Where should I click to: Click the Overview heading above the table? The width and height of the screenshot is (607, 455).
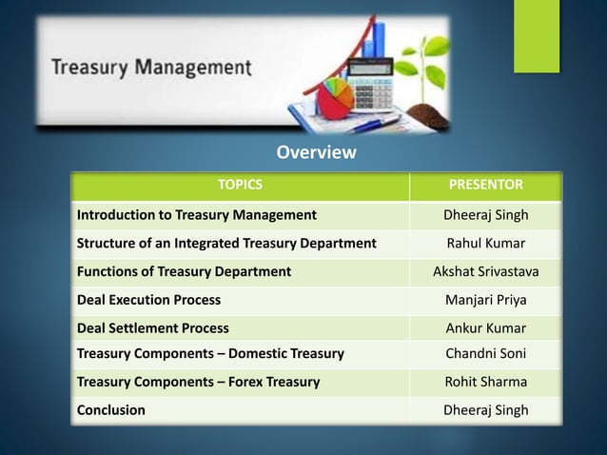click(316, 153)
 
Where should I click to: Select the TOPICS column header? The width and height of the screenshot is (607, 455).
click(240, 184)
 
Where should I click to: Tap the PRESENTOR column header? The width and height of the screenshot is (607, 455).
click(485, 184)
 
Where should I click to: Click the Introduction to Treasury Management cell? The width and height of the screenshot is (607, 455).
click(197, 214)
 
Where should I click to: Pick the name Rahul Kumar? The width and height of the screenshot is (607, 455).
click(485, 243)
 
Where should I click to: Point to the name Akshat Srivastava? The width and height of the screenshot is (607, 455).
click(485, 271)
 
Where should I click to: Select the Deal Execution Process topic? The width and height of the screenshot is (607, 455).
click(148, 300)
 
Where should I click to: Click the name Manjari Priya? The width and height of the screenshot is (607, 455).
click(485, 300)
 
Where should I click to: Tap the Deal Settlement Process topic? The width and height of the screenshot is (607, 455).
click(153, 328)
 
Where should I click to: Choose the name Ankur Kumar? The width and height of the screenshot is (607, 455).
click(485, 328)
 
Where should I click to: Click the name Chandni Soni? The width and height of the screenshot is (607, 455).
click(485, 354)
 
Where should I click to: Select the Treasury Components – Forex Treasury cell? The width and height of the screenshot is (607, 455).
click(198, 382)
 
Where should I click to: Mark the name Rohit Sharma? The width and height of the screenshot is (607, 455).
click(485, 382)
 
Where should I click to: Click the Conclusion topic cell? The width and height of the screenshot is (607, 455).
click(111, 410)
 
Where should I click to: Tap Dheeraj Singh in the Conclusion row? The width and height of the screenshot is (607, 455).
click(485, 410)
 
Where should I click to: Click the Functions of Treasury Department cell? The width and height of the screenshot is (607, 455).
click(184, 271)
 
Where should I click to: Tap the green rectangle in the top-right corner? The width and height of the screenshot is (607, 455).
click(537, 35)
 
